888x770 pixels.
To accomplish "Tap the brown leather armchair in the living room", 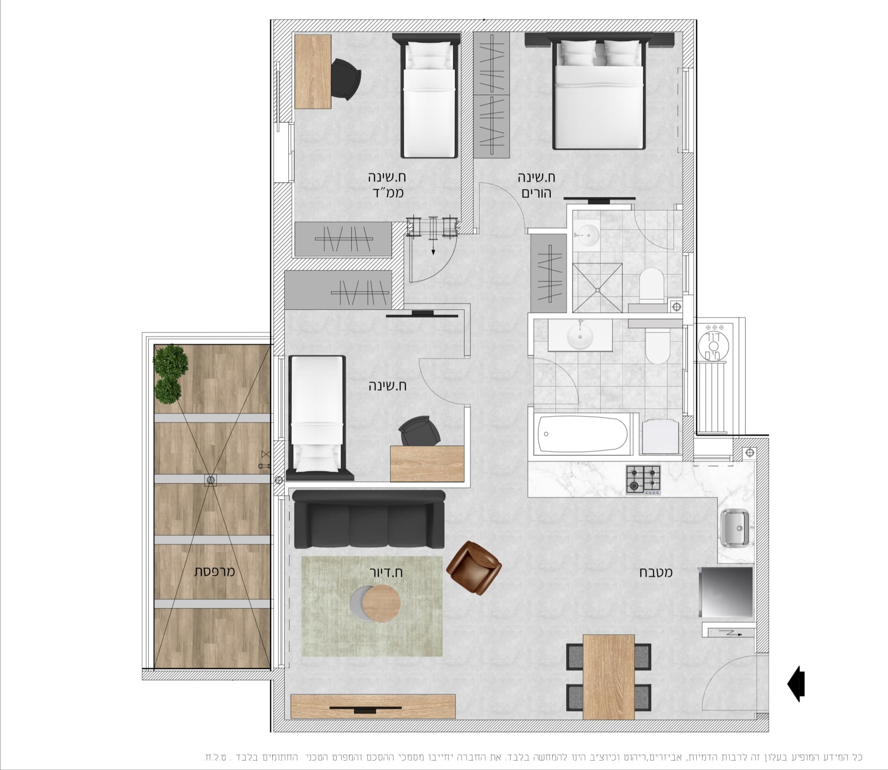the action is click(474, 568).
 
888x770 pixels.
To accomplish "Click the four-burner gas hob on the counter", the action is click(643, 480).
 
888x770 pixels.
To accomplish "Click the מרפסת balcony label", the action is click(214, 571).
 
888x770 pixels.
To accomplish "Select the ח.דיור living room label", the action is click(386, 572).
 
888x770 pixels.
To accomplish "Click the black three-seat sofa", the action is click(369, 520).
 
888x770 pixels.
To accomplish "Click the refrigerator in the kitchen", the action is click(726, 592).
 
